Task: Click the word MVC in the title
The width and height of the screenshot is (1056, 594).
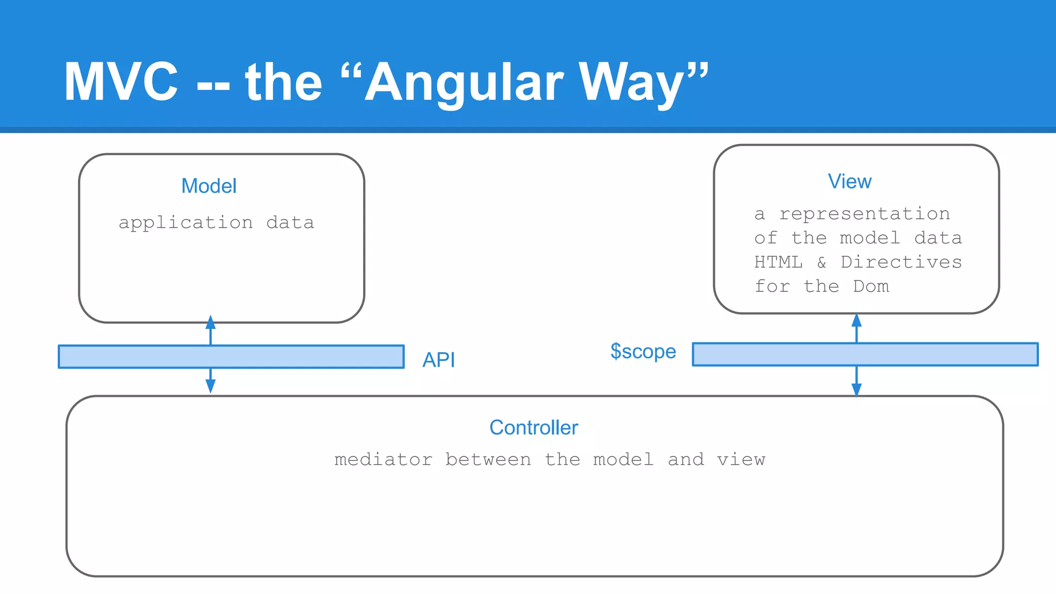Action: tap(121, 81)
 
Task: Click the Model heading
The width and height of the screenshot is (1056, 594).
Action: tap(209, 186)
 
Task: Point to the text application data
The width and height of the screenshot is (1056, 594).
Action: tap(216, 223)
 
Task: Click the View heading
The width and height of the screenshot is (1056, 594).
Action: tap(850, 181)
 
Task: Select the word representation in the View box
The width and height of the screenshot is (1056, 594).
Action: tap(864, 213)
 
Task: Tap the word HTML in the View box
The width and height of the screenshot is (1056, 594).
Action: tap(778, 262)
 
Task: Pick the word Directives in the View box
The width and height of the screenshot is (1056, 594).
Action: tap(901, 262)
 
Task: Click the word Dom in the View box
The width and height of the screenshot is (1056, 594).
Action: tap(871, 286)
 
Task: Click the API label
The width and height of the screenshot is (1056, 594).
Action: tap(439, 360)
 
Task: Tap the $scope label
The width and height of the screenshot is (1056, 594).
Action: tap(643, 352)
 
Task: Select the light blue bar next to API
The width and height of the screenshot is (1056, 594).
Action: tap(231, 357)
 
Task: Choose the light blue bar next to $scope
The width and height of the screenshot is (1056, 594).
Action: tap(865, 354)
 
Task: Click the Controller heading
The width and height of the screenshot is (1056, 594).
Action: tap(534, 427)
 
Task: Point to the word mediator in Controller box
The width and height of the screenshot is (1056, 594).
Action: tap(383, 459)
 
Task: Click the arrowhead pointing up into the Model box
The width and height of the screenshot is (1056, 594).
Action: tap(210, 322)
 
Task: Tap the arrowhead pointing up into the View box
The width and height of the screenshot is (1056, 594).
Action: tap(856, 320)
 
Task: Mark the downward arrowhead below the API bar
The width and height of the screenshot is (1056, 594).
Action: tap(210, 386)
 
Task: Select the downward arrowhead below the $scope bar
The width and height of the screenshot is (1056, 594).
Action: tap(856, 389)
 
